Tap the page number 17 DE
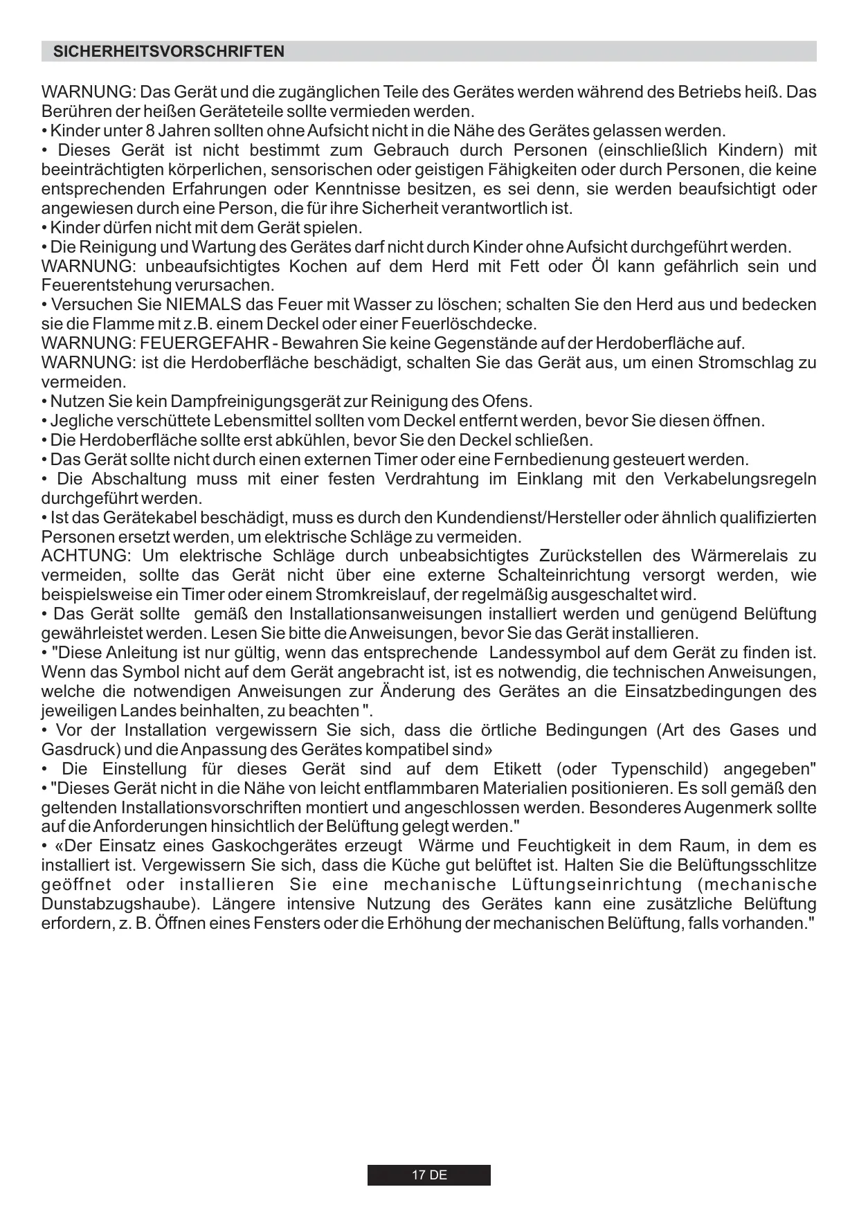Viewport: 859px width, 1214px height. (x=429, y=1175)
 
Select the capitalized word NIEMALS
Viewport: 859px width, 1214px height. (x=204, y=305)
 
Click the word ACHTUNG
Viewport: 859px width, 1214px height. (x=84, y=556)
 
